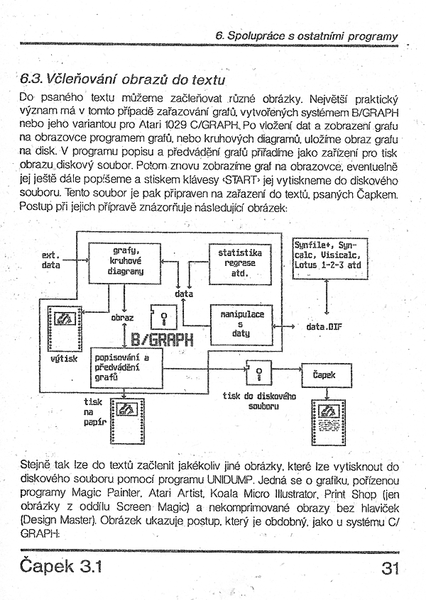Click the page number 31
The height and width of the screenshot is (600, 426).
coord(392,570)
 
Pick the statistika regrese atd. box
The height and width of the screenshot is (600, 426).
coord(240,262)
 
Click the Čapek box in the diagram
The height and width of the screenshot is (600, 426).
coord(324,374)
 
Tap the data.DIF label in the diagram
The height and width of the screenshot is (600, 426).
coord(324,328)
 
